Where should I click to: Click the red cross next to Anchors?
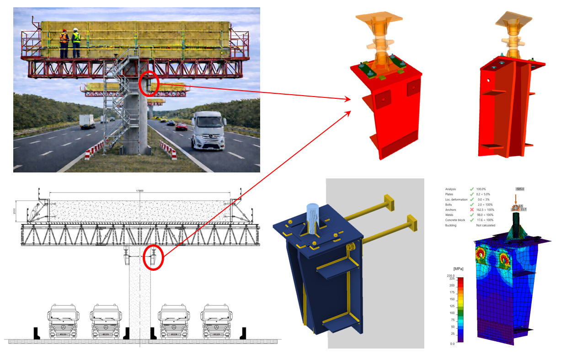pos(471,210)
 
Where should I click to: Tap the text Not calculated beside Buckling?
pos(486,226)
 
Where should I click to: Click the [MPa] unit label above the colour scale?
pos(458,268)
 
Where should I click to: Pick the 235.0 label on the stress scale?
pos(451,276)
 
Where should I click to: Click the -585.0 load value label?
pos(519,189)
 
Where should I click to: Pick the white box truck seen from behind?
pos(87,121)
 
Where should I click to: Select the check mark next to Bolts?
pos(471,204)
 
